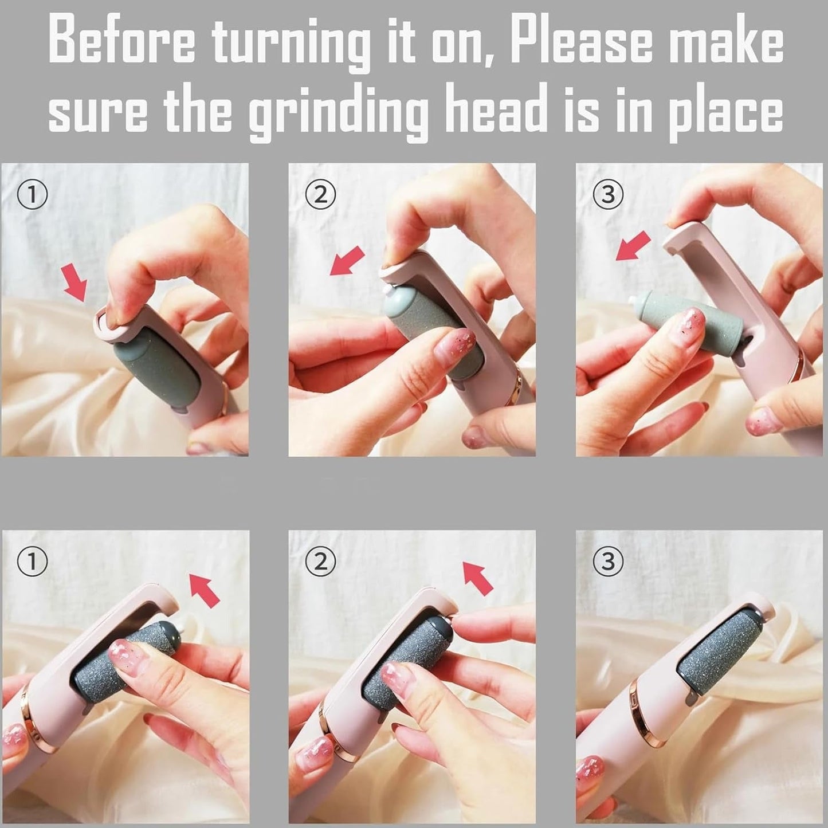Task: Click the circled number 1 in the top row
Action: (x=32, y=195)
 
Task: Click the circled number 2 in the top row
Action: (x=320, y=195)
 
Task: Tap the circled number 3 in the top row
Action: (x=607, y=195)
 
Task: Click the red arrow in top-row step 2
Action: (x=347, y=261)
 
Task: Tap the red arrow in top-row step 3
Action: (x=633, y=245)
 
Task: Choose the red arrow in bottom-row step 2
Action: (x=478, y=578)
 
